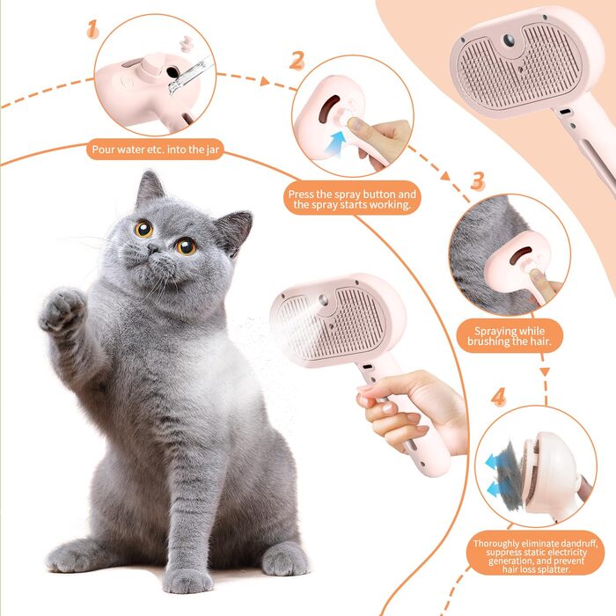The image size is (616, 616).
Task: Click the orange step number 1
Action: (92, 29)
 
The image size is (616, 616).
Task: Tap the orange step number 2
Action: (297, 61)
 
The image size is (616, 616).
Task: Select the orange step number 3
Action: (477, 180)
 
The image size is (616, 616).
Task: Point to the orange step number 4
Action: (498, 397)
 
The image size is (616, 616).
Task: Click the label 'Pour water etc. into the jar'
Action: (155, 150)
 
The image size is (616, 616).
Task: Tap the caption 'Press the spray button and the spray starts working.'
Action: (352, 199)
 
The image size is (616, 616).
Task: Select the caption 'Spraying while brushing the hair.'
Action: (510, 336)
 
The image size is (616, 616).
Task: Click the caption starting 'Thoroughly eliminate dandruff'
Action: (535, 556)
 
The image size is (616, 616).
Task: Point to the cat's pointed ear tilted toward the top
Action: (150, 187)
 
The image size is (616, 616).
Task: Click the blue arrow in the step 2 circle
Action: (337, 143)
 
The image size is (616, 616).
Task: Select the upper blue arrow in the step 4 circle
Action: (494, 462)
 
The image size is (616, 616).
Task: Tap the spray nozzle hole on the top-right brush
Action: (509, 40)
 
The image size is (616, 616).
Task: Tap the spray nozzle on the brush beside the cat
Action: (323, 301)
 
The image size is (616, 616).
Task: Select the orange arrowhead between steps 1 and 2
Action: (265, 81)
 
